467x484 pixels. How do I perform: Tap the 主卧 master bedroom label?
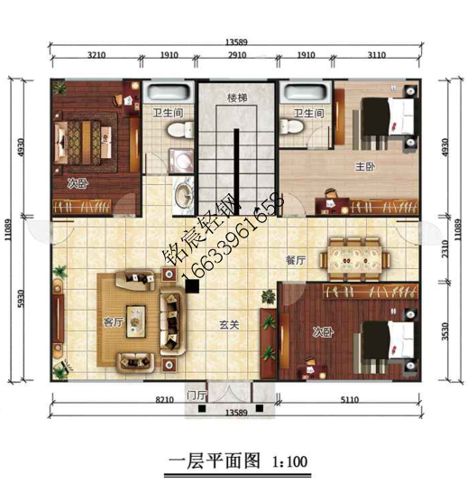click(358, 167)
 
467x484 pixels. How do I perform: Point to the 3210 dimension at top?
click(97, 55)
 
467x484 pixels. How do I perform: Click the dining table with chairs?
click(359, 258)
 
